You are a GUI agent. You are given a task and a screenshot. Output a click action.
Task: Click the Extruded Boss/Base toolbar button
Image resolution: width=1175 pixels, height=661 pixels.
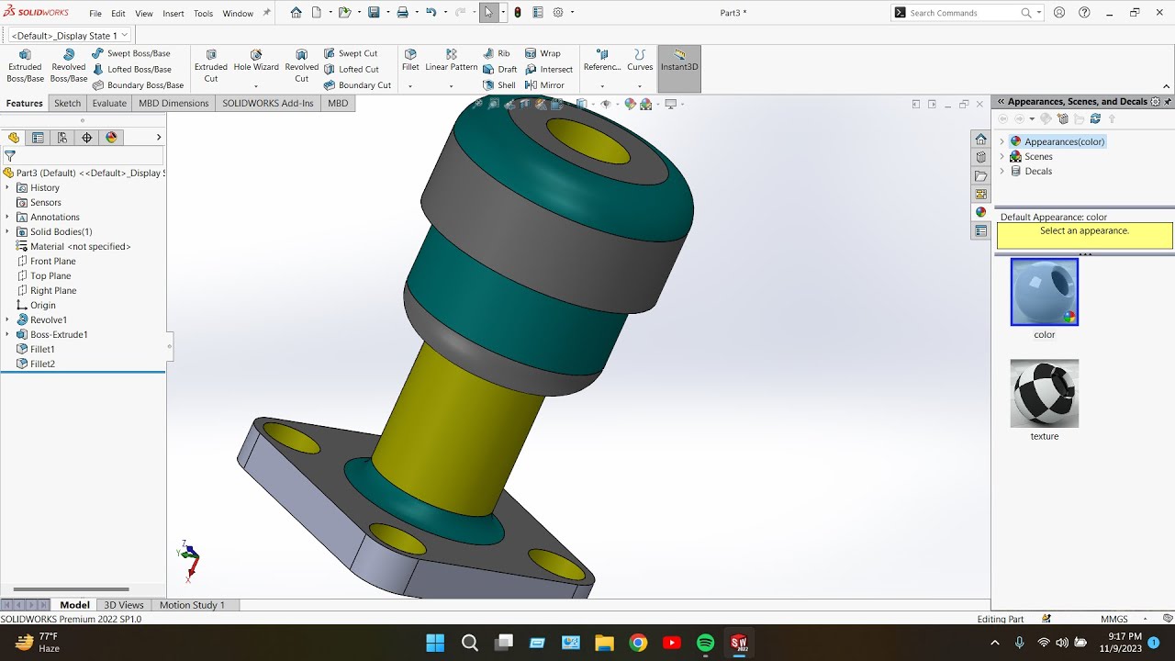pyautogui.click(x=25, y=66)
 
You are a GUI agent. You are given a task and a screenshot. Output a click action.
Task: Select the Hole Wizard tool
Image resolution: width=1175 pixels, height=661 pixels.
pyautogui.click(x=256, y=61)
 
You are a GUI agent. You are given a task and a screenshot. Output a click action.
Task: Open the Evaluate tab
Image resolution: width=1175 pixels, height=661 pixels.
pyautogui.click(x=109, y=103)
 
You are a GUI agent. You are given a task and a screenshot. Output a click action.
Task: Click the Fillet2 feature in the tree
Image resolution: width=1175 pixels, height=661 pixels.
pyautogui.click(x=42, y=364)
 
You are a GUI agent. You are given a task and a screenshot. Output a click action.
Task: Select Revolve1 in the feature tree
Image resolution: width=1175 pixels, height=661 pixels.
pyautogui.click(x=48, y=319)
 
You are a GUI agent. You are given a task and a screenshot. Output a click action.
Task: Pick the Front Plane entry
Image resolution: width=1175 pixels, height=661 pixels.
pyautogui.click(x=52, y=261)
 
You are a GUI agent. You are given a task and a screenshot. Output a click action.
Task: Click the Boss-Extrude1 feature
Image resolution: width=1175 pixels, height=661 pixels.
pyautogui.click(x=59, y=334)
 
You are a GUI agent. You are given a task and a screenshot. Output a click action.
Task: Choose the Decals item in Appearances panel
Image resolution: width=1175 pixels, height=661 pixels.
pyautogui.click(x=1037, y=171)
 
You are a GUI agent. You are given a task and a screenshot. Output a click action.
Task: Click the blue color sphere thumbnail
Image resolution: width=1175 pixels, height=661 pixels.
pyautogui.click(x=1044, y=292)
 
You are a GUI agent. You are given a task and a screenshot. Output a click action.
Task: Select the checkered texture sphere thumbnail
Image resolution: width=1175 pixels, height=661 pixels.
pyautogui.click(x=1044, y=393)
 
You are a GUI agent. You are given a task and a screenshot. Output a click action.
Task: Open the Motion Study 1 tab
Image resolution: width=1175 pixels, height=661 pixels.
pyautogui.click(x=192, y=605)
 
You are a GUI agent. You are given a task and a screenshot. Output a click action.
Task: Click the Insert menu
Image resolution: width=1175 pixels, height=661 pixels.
pyautogui.click(x=173, y=14)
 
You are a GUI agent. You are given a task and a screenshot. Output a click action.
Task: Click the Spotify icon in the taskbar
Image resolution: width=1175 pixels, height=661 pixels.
pyautogui.click(x=705, y=643)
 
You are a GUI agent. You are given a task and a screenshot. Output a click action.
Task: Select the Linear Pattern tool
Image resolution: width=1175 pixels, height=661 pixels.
pyautogui.click(x=451, y=61)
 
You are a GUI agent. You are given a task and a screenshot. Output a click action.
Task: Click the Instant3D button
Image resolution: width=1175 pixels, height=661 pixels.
pyautogui.click(x=679, y=61)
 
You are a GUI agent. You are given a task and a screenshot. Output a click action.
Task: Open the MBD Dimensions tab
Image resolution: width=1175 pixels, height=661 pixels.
pyautogui.click(x=173, y=103)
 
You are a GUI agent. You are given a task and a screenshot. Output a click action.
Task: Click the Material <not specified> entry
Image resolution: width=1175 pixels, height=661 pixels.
pyautogui.click(x=80, y=246)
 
